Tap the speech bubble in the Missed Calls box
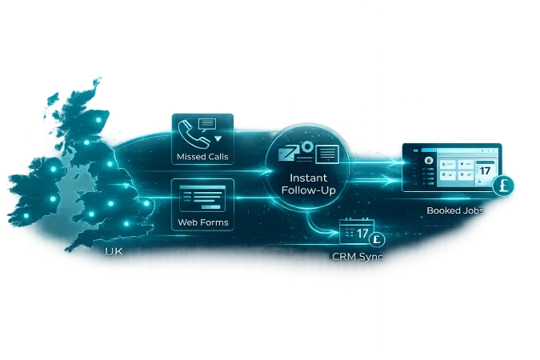[x=208, y=124]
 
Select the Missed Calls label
[x=202, y=156]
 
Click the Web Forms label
[x=202, y=222]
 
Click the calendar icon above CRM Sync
[x=353, y=233]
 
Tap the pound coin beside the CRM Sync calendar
[x=378, y=238]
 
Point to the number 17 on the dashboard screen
[x=486, y=170]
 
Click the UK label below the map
[x=114, y=251]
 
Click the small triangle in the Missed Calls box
[x=218, y=138]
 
